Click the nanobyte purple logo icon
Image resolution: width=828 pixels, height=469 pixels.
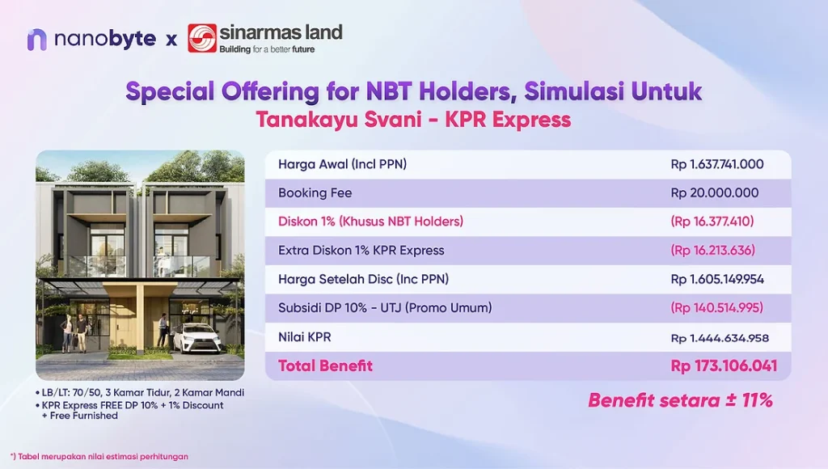37,40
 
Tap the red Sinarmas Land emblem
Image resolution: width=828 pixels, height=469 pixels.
201,38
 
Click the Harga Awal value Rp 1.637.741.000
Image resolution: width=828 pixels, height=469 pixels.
717,164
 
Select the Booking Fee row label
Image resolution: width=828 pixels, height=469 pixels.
315,192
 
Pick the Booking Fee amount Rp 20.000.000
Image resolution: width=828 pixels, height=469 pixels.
715,192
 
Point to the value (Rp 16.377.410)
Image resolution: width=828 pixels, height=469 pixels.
712,222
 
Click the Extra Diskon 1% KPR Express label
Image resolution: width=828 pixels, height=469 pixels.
361,251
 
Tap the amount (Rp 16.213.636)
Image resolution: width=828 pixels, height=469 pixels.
712,251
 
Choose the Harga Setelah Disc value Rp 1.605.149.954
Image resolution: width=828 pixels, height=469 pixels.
717,280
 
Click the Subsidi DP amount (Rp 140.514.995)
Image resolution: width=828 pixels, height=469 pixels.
716,308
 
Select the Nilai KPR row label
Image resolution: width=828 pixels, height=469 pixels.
305,337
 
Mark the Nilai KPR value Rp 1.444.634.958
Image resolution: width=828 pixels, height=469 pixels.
720,338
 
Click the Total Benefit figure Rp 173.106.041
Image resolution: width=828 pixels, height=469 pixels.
724,366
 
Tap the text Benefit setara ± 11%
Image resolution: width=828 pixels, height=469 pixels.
680,400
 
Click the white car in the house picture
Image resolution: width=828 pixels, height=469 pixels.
190,337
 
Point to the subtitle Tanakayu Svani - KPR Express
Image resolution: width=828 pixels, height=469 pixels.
413,120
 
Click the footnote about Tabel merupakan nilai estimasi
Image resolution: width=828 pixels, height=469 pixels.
99,456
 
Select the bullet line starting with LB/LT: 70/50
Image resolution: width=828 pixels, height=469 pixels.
139,393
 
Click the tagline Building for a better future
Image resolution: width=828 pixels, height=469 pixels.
267,49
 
